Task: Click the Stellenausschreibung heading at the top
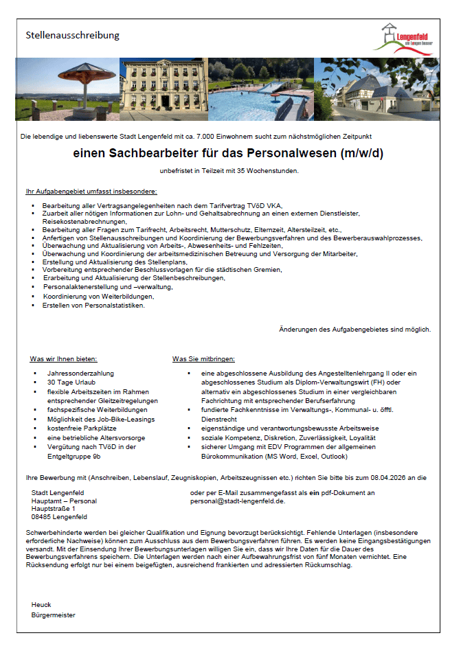coord(72,35)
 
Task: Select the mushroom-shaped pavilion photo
coord(67,89)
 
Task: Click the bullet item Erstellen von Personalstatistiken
coord(93,306)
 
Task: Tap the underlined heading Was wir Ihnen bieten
coord(63,358)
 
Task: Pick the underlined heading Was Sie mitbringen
coord(203,358)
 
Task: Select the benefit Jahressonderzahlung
coord(76,373)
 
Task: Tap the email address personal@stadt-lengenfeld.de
coord(238,501)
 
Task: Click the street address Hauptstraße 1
coord(54,509)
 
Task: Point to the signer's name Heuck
coord(41,604)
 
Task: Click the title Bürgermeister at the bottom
coord(54,615)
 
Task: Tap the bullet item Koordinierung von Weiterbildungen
coord(98,297)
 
